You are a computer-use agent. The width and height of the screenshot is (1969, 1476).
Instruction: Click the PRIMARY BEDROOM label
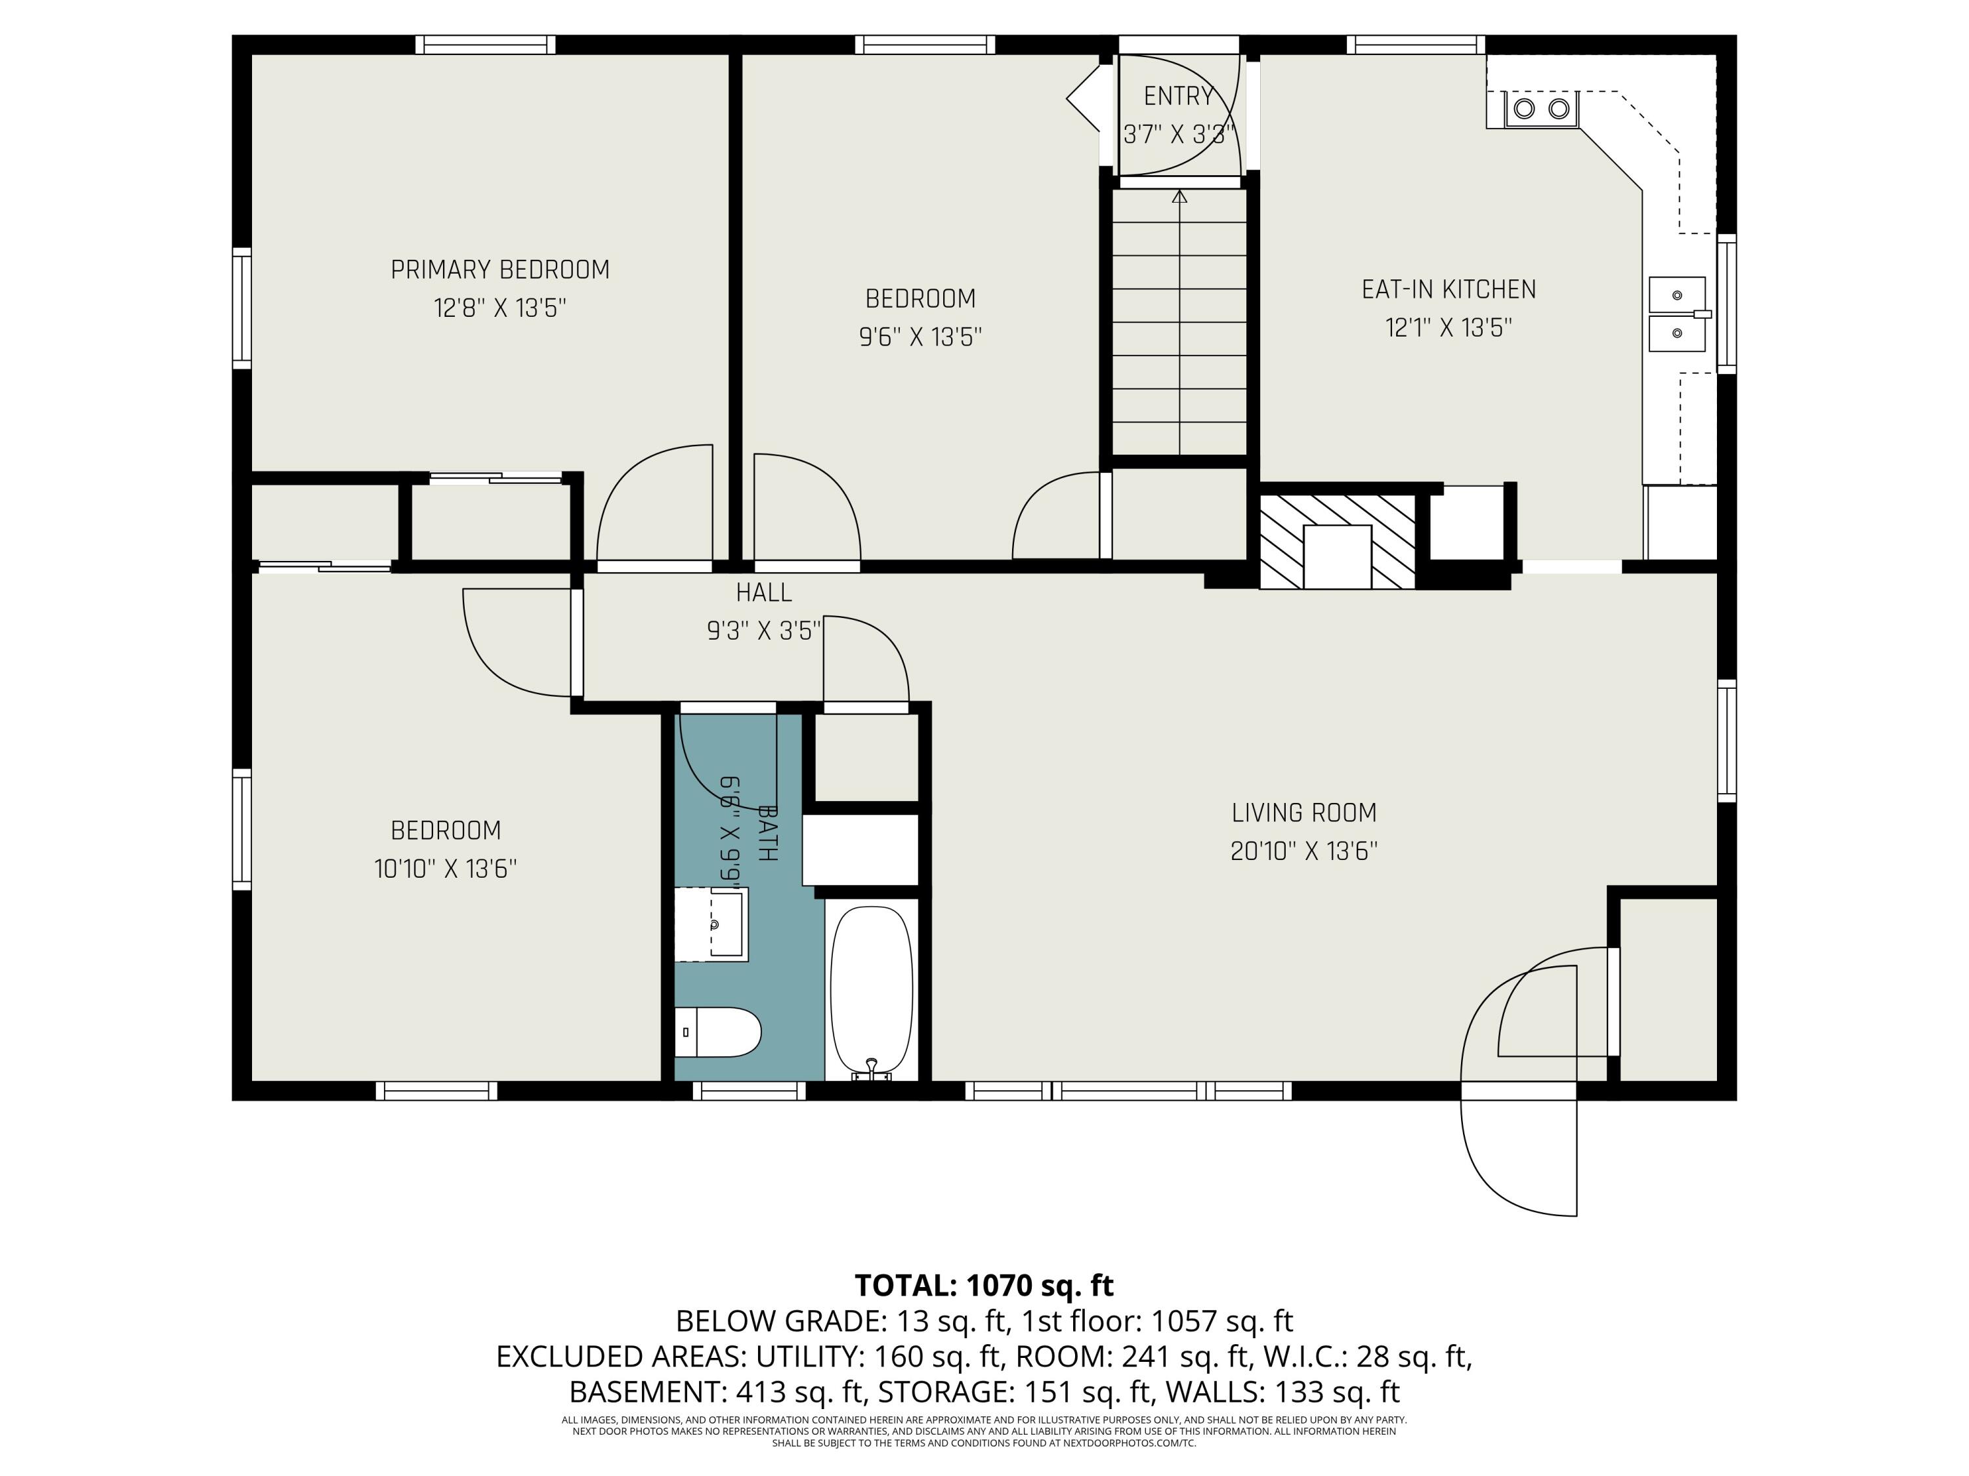(x=500, y=270)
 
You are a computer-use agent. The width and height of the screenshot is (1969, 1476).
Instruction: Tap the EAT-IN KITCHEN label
(x=1449, y=289)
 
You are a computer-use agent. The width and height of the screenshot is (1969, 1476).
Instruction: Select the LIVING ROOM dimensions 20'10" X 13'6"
(x=1304, y=851)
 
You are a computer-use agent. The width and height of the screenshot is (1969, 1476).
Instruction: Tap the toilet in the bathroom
(x=717, y=1032)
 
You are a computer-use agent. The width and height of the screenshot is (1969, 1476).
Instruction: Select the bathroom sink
(x=711, y=924)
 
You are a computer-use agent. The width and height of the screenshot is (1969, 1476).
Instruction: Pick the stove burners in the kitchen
(x=1542, y=108)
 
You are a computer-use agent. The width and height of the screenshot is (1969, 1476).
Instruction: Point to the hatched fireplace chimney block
(x=1337, y=542)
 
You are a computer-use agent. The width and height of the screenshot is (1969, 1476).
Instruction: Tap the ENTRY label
(x=1179, y=95)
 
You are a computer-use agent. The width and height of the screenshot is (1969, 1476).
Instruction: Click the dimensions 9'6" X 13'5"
(x=920, y=337)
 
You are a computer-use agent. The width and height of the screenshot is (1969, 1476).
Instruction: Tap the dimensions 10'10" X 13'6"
(x=445, y=869)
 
